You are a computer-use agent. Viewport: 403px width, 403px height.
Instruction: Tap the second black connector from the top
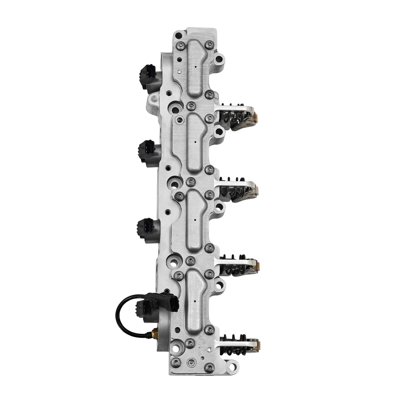(x=146, y=150)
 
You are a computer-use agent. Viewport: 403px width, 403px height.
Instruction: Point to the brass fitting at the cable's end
(x=155, y=333)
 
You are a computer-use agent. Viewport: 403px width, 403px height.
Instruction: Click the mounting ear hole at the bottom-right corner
(x=233, y=365)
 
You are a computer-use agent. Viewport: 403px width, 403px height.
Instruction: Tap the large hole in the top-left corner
(x=179, y=36)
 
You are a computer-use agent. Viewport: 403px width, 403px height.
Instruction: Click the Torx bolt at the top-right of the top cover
(x=209, y=44)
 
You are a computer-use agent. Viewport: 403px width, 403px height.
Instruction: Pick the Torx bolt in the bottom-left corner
(x=176, y=362)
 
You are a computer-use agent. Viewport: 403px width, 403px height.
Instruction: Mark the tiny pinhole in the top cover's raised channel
(x=196, y=67)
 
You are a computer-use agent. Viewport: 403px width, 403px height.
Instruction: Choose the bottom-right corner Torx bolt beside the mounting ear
(x=209, y=368)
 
